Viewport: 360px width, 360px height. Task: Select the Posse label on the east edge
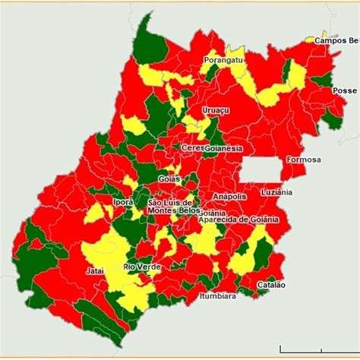345,90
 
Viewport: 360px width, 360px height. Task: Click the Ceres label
191,147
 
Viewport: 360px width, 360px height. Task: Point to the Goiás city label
170,178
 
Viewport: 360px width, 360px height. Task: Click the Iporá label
123,203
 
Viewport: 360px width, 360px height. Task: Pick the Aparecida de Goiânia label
238,219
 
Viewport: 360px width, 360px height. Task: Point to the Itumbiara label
217,296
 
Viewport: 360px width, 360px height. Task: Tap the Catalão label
271,284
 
